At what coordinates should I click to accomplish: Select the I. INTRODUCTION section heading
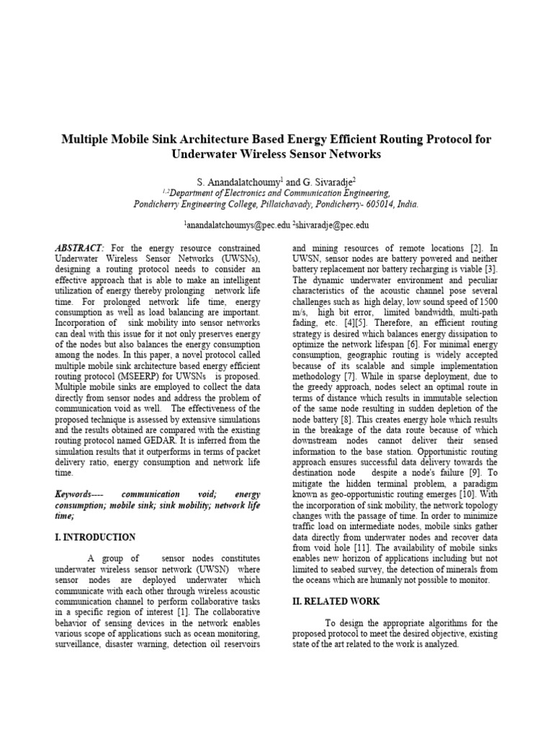point(95,537)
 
